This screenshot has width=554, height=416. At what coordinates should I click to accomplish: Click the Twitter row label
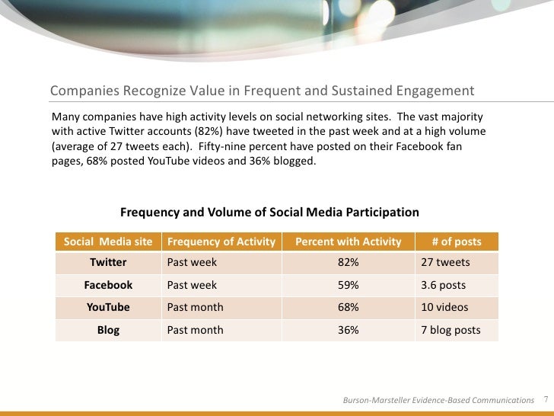pyautogui.click(x=108, y=263)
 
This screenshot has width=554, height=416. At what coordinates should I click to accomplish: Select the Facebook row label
pyautogui.click(x=108, y=285)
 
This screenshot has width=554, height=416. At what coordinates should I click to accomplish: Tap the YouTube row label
pyautogui.click(x=108, y=308)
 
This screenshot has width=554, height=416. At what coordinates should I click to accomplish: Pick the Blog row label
pyautogui.click(x=108, y=330)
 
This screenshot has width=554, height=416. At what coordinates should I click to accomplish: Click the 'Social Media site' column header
pyautogui.click(x=108, y=242)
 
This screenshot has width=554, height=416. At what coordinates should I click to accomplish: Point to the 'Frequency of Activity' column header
pyautogui.click(x=221, y=242)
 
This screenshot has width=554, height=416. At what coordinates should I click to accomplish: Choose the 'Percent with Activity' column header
pyautogui.click(x=348, y=242)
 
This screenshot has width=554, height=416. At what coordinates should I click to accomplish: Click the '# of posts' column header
pyautogui.click(x=457, y=242)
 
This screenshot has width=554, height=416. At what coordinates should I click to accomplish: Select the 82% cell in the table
pyautogui.click(x=349, y=263)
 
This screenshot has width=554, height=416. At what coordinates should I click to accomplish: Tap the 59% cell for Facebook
pyautogui.click(x=349, y=285)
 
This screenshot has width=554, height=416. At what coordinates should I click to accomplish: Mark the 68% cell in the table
pyautogui.click(x=349, y=308)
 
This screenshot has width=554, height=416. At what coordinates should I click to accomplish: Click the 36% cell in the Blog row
pyautogui.click(x=349, y=330)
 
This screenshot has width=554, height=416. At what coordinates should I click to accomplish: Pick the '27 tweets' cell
pyautogui.click(x=445, y=263)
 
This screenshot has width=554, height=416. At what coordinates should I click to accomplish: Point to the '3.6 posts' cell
pyautogui.click(x=443, y=285)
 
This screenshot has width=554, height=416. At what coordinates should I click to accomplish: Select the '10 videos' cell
pyautogui.click(x=444, y=308)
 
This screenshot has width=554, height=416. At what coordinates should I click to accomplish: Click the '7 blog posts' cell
pyautogui.click(x=451, y=330)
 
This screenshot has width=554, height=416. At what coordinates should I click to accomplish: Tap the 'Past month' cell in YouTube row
pyautogui.click(x=195, y=308)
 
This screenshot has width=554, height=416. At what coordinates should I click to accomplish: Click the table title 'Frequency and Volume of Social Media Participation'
pyautogui.click(x=269, y=212)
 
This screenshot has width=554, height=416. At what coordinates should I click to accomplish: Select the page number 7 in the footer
pyautogui.click(x=546, y=399)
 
